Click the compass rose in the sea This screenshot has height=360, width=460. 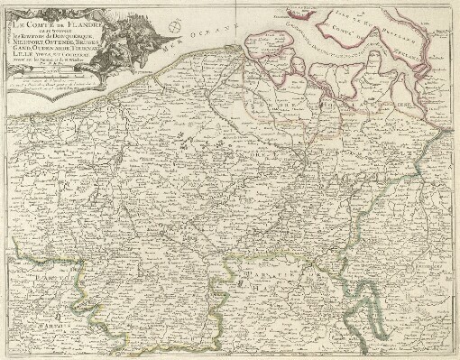click(188, 15)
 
